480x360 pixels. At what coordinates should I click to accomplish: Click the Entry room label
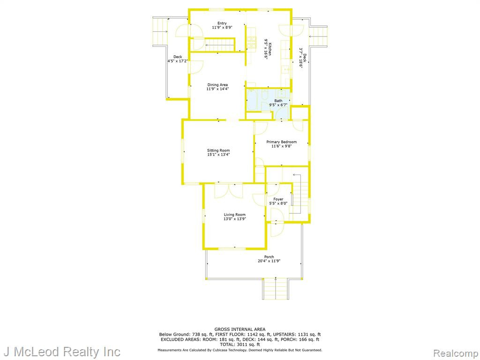(x=222, y=23)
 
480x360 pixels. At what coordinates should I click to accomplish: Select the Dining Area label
(x=217, y=85)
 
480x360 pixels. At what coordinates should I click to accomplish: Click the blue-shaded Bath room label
(x=278, y=101)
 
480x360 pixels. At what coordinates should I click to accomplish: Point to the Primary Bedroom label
(x=281, y=142)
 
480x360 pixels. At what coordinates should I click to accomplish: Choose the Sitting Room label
(x=218, y=150)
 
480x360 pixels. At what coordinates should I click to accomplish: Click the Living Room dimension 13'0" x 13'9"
(x=235, y=219)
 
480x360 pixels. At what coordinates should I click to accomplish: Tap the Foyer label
(x=278, y=199)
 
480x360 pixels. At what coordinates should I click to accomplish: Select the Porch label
(x=269, y=257)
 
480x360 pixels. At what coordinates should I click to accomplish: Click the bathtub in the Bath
(x=253, y=99)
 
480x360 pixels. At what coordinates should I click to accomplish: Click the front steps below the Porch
(x=276, y=289)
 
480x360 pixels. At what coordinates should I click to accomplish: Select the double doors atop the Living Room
(x=228, y=191)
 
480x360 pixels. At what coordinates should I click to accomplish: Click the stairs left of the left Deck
(x=160, y=31)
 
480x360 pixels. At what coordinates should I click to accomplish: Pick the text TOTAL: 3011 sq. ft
(x=240, y=345)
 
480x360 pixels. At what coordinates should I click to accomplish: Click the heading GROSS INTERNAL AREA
(x=240, y=330)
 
